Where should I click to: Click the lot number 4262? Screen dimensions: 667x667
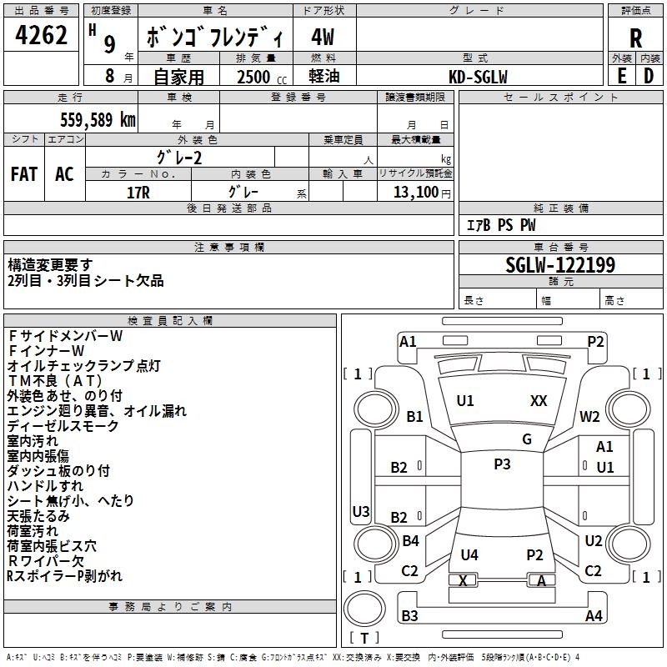[41, 35]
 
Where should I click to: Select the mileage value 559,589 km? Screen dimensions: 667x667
[98, 120]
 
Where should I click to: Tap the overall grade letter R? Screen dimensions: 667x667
[635, 38]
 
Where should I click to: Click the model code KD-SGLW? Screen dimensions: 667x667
[478, 77]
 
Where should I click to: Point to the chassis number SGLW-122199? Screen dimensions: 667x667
[560, 265]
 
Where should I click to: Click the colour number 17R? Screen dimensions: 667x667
[138, 193]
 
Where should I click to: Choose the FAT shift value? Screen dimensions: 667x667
[24, 174]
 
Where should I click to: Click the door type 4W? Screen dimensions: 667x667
[323, 37]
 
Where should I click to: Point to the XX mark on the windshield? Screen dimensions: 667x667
[539, 401]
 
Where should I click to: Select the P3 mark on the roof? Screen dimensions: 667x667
[502, 464]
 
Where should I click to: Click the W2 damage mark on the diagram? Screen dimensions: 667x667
[589, 417]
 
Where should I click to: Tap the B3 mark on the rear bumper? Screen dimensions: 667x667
[409, 615]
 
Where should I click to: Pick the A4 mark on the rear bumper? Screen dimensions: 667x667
[594, 615]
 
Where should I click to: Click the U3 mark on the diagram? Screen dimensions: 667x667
[361, 511]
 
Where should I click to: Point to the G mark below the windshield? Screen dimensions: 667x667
[527, 439]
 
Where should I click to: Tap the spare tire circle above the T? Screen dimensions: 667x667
[364, 609]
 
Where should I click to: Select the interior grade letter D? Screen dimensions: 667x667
[649, 76]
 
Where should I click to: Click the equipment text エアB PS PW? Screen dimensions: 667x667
[501, 225]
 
